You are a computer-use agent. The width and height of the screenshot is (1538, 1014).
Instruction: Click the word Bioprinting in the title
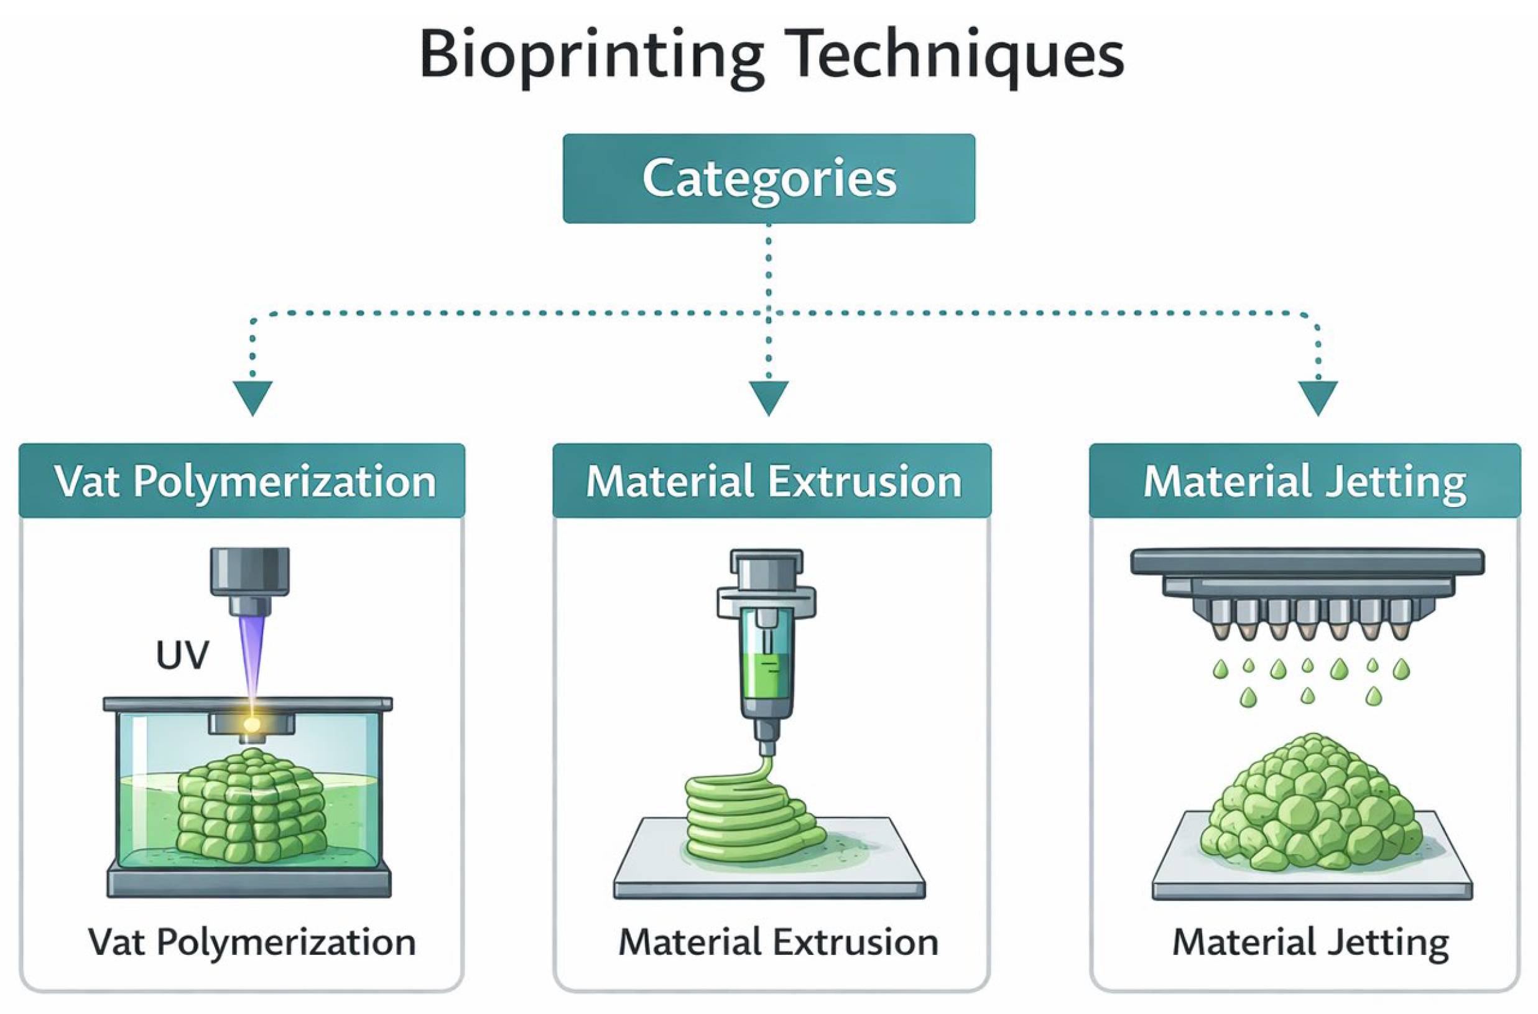(x=590, y=57)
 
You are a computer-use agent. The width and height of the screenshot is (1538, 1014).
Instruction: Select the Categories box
(x=768, y=179)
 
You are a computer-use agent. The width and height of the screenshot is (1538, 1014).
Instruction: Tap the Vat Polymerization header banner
(x=243, y=481)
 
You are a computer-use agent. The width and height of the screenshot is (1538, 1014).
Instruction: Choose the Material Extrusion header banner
(x=772, y=481)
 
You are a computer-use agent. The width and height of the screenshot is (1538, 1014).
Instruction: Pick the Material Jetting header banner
(x=1305, y=481)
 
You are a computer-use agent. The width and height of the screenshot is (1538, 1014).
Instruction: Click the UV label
(x=182, y=656)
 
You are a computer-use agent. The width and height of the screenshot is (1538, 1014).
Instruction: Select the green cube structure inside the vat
(x=251, y=805)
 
